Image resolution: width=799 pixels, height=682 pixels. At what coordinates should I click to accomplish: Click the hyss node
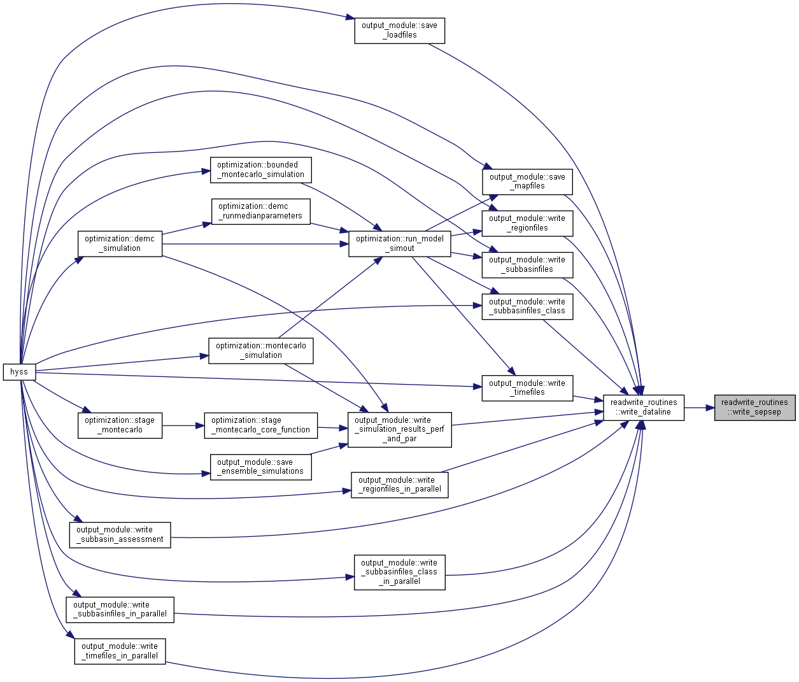pos(19,372)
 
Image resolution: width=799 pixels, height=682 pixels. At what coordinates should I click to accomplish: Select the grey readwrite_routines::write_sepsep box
pos(754,408)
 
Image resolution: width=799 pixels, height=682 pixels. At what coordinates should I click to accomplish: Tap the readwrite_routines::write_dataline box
pos(644,408)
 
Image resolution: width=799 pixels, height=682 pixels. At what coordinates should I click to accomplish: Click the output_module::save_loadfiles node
pos(400,31)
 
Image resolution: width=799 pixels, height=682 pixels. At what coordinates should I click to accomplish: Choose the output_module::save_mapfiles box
pos(527,181)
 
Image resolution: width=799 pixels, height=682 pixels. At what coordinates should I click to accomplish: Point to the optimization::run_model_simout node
pos(400,243)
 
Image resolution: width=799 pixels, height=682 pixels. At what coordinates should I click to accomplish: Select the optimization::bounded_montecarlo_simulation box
pos(261,170)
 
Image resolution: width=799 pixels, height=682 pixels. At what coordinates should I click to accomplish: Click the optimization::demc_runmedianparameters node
pos(261,211)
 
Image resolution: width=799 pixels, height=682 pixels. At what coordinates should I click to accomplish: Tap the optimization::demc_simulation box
pos(120,243)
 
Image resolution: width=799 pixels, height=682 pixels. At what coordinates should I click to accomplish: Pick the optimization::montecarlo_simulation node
pos(261,351)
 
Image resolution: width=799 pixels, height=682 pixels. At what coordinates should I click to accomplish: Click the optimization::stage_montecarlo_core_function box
pos(261,425)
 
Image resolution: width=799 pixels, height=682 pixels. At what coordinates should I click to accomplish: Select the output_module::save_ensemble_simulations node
pos(261,467)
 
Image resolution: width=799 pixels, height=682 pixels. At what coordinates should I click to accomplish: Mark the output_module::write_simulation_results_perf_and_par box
pos(400,430)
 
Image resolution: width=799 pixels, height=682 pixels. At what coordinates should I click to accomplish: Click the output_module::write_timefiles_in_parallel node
pos(120,651)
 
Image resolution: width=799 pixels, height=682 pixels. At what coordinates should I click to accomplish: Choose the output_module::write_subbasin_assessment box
pos(120,535)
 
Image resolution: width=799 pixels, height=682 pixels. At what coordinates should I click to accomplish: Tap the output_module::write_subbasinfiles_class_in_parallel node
pos(400,572)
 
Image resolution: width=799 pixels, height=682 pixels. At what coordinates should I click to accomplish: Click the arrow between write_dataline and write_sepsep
pos(699,408)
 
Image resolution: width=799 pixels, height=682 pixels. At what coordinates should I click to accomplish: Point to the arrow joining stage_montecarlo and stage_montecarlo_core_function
pos(183,425)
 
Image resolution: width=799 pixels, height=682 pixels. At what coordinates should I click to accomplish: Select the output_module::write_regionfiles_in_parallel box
pos(400,485)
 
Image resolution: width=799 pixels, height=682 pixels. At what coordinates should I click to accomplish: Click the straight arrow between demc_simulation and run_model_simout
pos(255,243)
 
